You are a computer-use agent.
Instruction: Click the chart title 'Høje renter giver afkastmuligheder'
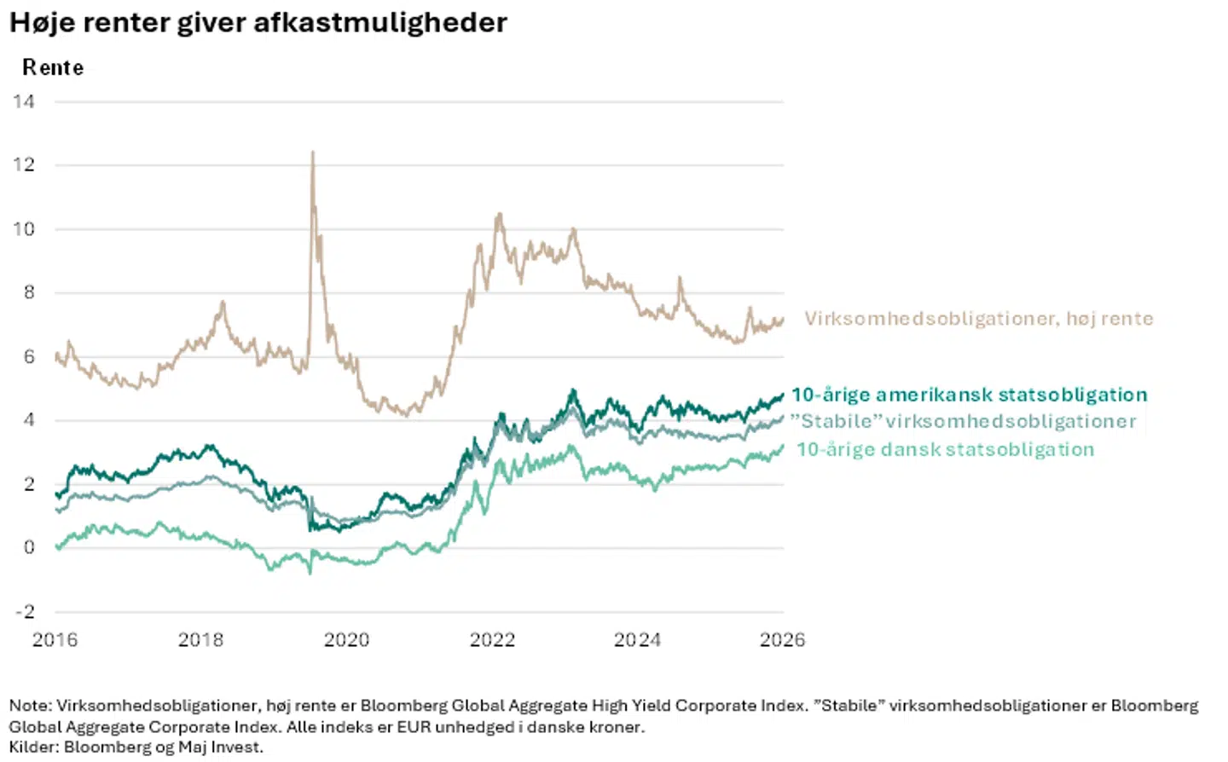pyautogui.click(x=258, y=24)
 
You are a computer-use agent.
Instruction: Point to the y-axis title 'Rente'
pyautogui.click(x=53, y=68)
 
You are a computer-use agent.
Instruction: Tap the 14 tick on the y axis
pyautogui.click(x=24, y=102)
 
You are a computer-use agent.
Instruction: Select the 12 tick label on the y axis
pyautogui.click(x=24, y=165)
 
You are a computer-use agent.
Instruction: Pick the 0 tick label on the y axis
pyautogui.click(x=29, y=547)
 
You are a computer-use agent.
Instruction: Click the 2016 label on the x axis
pyautogui.click(x=55, y=640)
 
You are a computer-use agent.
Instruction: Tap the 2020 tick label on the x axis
pyautogui.click(x=346, y=640)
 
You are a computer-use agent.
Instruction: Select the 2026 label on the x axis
pyautogui.click(x=782, y=640)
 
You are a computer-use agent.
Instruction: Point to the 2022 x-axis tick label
pyautogui.click(x=492, y=640)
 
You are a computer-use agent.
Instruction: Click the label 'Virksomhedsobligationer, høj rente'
pyautogui.click(x=979, y=319)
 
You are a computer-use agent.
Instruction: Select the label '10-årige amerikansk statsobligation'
pyautogui.click(x=970, y=395)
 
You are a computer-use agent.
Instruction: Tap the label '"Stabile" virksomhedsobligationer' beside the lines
pyautogui.click(x=964, y=421)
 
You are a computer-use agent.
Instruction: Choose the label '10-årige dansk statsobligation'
pyautogui.click(x=945, y=450)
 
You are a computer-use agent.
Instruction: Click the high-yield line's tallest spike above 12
pyautogui.click(x=313, y=152)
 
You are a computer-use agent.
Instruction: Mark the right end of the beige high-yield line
pyautogui.click(x=784, y=319)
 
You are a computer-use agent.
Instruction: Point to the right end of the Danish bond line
pyautogui.click(x=783, y=447)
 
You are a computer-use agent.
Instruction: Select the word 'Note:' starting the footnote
pyautogui.click(x=30, y=706)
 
